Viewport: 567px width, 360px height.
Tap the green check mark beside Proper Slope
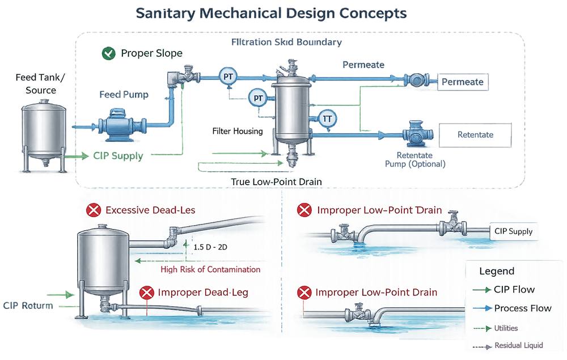107,54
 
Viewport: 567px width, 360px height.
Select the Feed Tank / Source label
41,84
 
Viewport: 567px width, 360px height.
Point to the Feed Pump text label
124,95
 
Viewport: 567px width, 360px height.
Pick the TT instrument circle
327,118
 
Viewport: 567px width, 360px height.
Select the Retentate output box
475,135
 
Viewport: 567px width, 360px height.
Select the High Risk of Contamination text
210,269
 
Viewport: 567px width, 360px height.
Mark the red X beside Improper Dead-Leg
147,293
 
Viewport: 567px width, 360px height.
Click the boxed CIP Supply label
513,231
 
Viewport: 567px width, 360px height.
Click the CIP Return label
28,306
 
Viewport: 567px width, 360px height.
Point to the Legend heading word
497,271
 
